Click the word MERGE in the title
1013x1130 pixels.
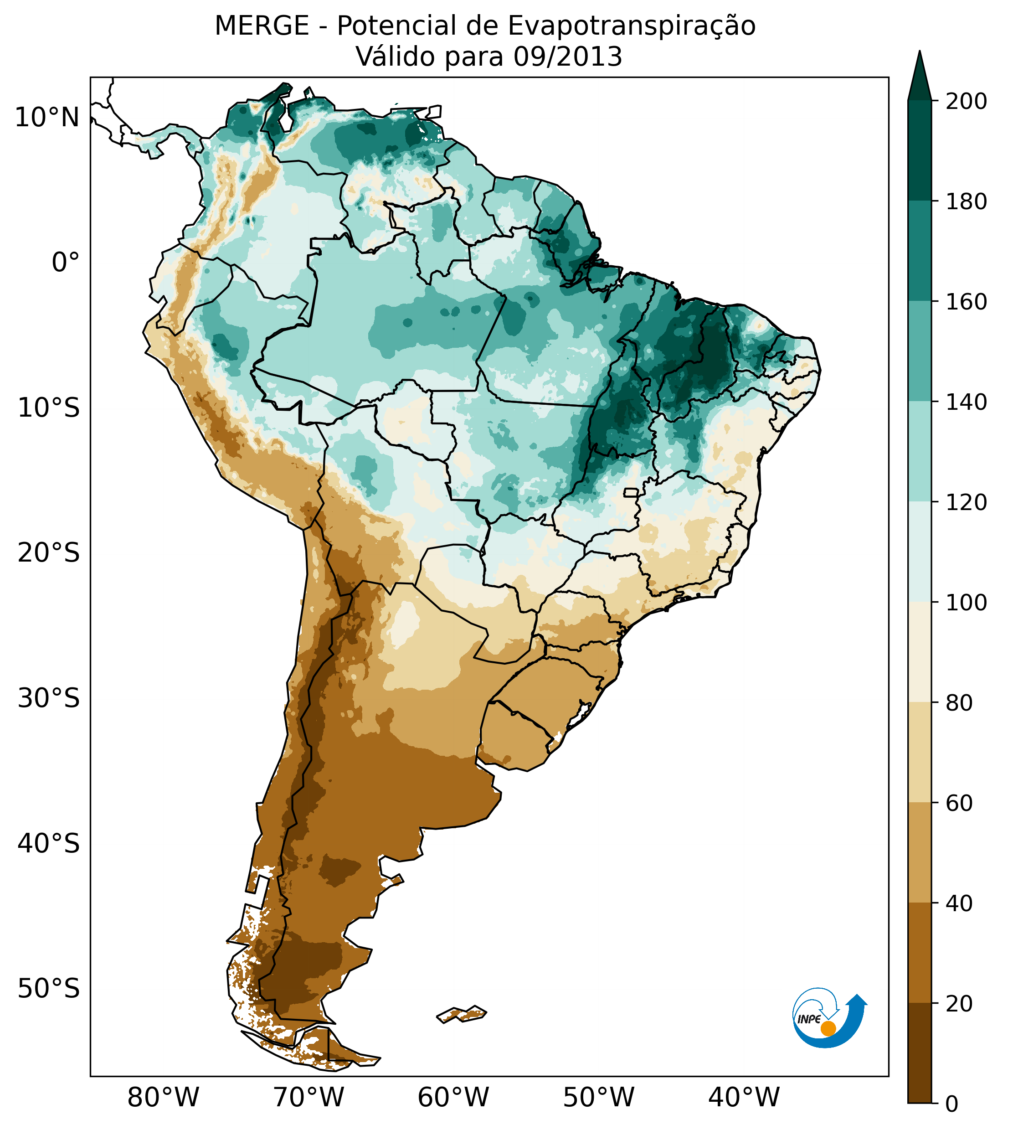[262, 26]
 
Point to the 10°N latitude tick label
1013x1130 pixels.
[47, 118]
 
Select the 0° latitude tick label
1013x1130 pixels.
[66, 263]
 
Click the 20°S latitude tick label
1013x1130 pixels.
[49, 553]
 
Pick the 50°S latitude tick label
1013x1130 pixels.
[49, 989]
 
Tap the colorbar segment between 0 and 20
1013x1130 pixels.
[920, 1053]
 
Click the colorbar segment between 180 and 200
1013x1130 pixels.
[920, 150]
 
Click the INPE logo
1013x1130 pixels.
[829, 1017]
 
